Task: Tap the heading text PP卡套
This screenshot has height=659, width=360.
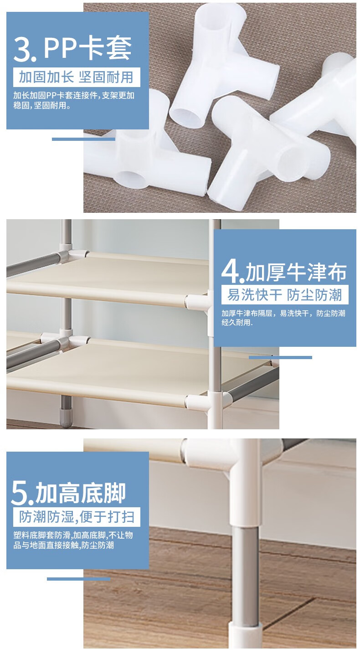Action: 87,49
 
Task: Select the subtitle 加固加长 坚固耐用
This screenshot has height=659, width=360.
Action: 76,77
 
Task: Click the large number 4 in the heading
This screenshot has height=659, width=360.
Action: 231,271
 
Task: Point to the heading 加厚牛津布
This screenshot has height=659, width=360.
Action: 296,272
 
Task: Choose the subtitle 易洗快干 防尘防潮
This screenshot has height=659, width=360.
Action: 284,294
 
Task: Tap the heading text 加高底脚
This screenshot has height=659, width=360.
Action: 81,493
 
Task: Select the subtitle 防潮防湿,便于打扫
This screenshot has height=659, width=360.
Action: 77,517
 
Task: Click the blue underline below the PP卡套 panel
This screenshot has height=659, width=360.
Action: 83,139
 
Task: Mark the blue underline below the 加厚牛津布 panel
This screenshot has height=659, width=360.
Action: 280,357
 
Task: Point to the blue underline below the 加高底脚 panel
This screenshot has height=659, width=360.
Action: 78,579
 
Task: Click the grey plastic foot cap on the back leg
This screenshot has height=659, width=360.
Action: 66,416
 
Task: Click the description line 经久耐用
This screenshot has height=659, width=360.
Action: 237,323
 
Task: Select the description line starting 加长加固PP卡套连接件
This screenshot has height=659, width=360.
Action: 74,95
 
